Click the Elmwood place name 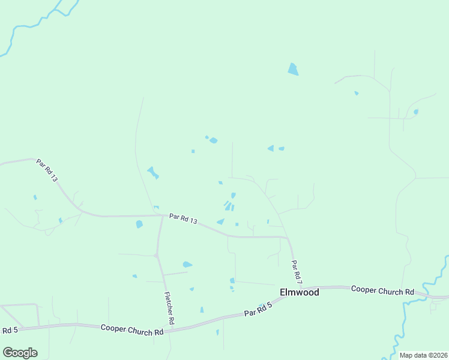299,293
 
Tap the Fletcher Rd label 169,308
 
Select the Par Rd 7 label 295,272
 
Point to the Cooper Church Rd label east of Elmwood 382,290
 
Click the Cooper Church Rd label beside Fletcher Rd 132,329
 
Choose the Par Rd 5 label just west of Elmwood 258,310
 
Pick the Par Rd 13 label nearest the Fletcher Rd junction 183,218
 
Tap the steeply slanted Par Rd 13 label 46,170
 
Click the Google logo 20,353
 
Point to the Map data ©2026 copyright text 423,355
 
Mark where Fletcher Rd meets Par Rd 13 163,215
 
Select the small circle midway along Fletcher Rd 156,256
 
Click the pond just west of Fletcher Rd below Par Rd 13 139,224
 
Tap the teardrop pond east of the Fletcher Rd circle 187,264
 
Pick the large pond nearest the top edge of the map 292,70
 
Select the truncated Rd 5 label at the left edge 10,330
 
